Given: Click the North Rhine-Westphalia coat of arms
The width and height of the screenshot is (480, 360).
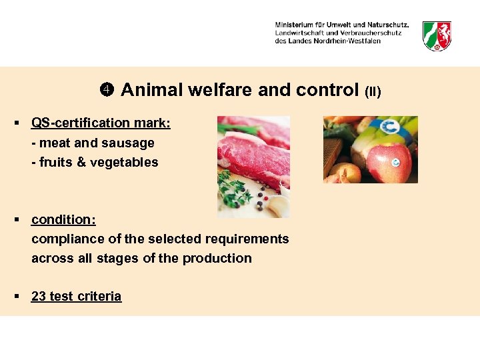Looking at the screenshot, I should coord(437,35).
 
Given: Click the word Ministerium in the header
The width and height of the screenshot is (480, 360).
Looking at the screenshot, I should coord(296,25).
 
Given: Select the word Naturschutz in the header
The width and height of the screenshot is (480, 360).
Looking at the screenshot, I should coord(387,25).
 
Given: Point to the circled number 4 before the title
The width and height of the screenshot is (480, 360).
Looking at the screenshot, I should coord(109,90).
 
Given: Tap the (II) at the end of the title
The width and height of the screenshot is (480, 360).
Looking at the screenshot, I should coord(372,91).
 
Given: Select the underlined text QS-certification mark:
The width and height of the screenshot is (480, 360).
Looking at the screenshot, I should coord(101,123).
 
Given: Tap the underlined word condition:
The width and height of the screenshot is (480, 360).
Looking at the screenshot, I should coord(63,220).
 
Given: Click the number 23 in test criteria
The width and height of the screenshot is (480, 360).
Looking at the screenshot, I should coord(39,297).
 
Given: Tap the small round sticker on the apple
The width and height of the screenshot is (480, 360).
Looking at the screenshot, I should coord(397,161).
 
